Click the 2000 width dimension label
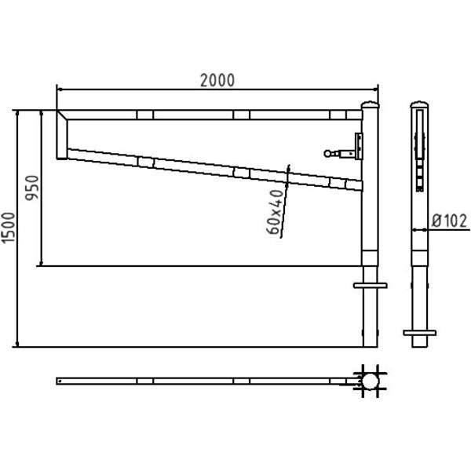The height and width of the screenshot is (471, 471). click(217, 81)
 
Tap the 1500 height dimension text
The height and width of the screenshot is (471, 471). click(8, 228)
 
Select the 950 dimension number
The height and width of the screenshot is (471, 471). click(32, 188)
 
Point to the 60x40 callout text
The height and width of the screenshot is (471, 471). click(276, 212)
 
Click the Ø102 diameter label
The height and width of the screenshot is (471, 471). click(449, 221)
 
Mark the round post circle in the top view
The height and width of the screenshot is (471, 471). click(370, 382)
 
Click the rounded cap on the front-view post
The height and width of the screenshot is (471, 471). click(370, 105)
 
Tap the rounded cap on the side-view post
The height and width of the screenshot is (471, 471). click(419, 104)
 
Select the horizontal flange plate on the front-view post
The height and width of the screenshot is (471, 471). click(370, 286)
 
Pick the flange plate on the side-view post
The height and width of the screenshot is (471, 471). click(420, 333)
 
